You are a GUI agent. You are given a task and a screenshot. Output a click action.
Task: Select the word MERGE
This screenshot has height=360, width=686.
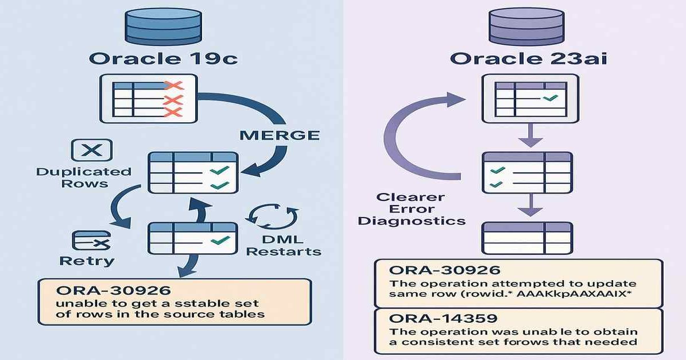click(x=278, y=136)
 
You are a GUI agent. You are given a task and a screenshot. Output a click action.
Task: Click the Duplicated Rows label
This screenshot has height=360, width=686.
click(x=84, y=177)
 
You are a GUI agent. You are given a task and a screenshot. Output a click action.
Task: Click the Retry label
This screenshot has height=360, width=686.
click(x=87, y=261)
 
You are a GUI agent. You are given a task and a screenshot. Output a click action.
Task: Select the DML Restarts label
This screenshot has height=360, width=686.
click(x=287, y=245)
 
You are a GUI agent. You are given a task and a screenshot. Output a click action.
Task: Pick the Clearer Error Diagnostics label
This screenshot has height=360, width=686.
click(x=411, y=209)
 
